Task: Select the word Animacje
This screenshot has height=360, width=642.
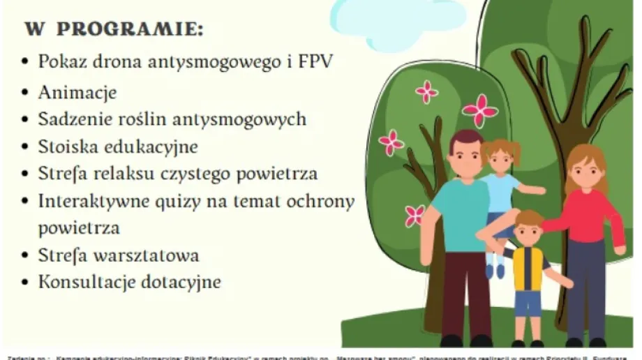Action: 77,92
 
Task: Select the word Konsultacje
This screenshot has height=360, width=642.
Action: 85,282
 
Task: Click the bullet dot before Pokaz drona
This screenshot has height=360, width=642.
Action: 25,62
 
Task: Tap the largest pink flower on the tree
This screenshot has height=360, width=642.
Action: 479,110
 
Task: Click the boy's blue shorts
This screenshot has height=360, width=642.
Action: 528,303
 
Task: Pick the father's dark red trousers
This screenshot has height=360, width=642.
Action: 466,293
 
